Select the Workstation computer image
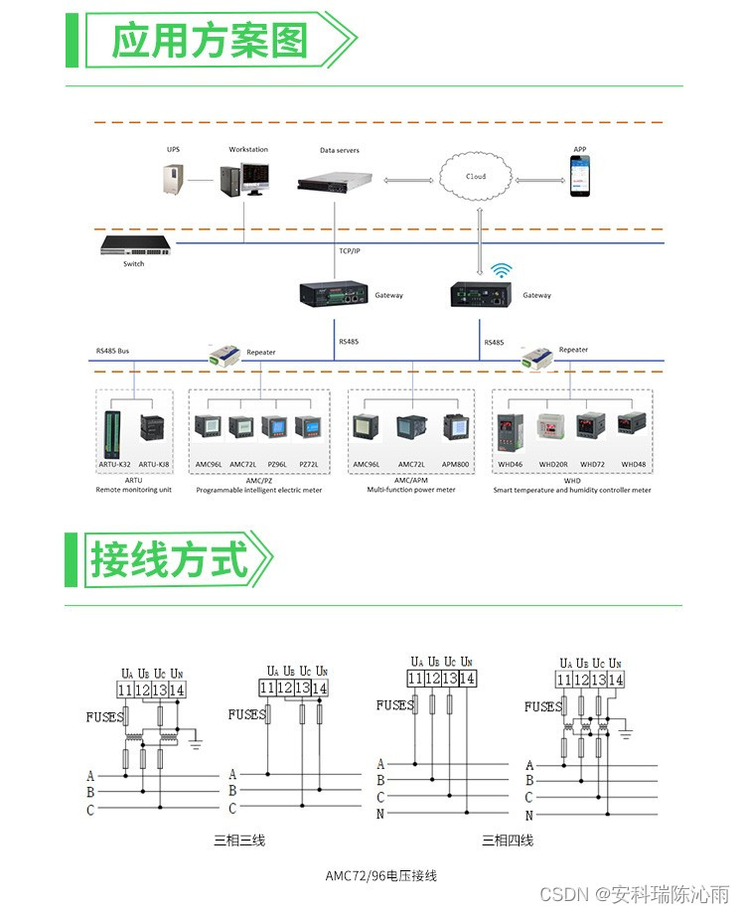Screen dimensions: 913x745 click(243, 179)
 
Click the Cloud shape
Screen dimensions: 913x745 click(477, 177)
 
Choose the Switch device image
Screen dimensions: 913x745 click(133, 245)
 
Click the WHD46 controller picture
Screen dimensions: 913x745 click(510, 428)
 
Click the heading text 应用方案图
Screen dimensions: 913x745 click(210, 41)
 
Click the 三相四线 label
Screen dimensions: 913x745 click(508, 840)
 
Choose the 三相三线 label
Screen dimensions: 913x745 click(239, 840)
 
